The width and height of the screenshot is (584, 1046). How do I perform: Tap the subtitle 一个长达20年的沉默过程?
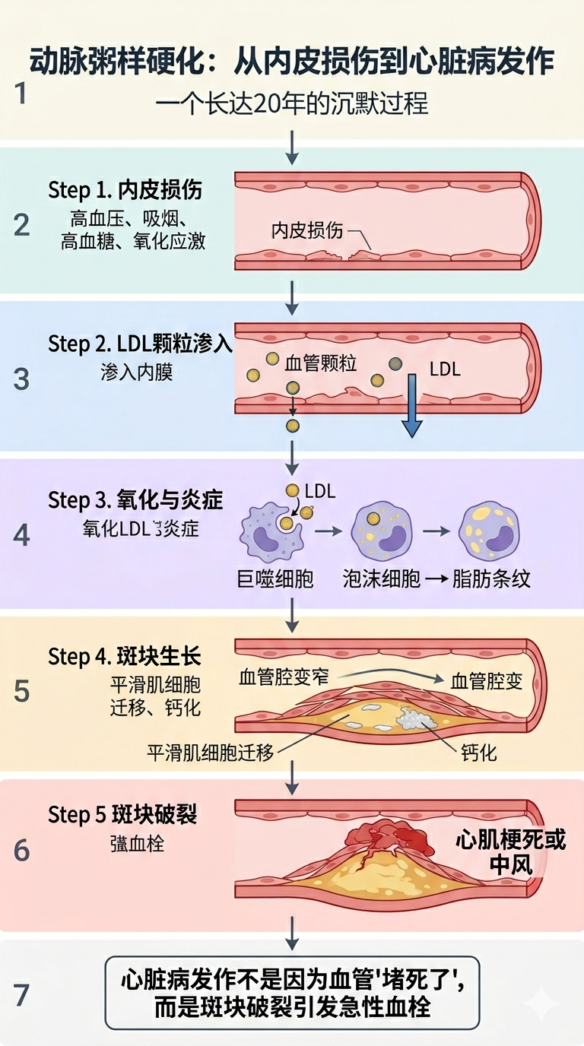click(x=292, y=103)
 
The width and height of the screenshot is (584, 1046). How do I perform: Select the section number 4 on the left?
click(x=21, y=535)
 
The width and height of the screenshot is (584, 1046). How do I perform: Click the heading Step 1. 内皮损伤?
click(x=125, y=189)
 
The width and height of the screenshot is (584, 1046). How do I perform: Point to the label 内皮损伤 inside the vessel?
click(x=307, y=231)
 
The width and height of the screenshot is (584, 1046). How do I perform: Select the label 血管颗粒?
click(x=320, y=363)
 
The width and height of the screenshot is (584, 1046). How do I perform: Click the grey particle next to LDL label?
click(x=395, y=364)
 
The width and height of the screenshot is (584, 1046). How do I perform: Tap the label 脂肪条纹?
click(x=490, y=578)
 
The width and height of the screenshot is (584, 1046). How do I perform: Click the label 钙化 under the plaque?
click(x=479, y=753)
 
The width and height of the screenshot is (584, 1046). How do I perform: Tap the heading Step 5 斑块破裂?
click(x=122, y=815)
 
